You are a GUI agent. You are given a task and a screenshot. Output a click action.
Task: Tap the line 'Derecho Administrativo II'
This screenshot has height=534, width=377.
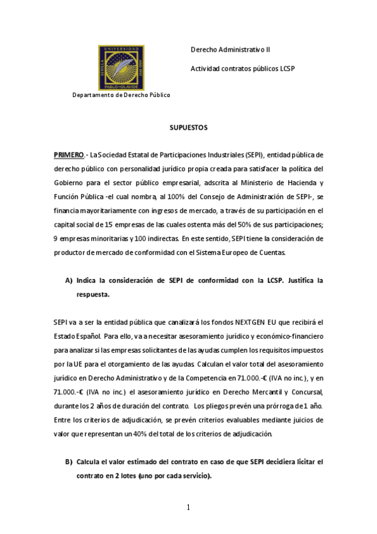tap(230, 50)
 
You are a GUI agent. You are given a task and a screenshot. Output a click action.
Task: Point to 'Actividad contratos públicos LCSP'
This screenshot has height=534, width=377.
tap(242, 68)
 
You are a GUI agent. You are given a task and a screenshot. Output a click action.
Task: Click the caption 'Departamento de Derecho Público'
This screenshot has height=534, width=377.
tap(121, 95)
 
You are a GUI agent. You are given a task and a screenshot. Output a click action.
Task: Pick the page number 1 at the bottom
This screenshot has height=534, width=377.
tap(188, 508)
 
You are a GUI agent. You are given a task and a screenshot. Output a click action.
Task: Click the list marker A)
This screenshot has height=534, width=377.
tap(69, 280)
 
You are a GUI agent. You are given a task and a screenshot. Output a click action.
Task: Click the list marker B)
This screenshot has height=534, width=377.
tap(69, 462)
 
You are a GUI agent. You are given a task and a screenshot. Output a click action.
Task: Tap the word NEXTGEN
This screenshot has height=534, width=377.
tap(250, 323)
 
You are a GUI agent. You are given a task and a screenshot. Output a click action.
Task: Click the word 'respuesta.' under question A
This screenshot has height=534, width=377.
tap(92, 294)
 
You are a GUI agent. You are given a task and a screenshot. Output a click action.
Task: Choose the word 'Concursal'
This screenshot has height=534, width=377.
tap(307, 392)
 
